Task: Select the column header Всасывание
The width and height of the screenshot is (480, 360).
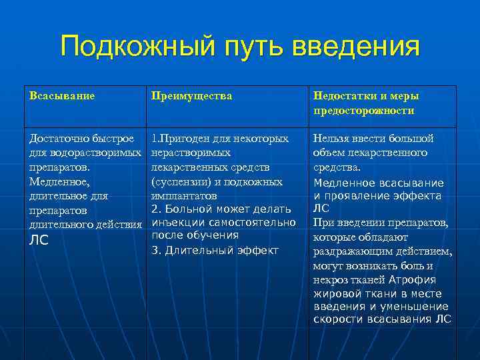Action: click(x=62, y=96)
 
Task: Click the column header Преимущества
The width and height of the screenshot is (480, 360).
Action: click(x=192, y=96)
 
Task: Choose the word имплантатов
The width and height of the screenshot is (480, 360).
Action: click(x=184, y=196)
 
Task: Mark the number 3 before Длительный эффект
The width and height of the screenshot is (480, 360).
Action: click(x=155, y=251)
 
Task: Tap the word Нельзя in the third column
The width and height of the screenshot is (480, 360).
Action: click(x=332, y=139)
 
